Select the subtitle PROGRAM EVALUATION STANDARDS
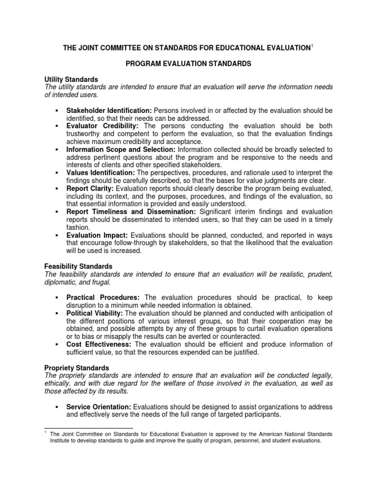pos(188,64)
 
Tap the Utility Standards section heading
pos(71,79)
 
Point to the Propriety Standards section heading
pos(77,367)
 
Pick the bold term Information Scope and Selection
pos(121,149)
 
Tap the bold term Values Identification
pos(100,172)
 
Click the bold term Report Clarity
pos(90,188)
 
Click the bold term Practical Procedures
pos(103,298)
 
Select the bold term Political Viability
pos(95,313)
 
